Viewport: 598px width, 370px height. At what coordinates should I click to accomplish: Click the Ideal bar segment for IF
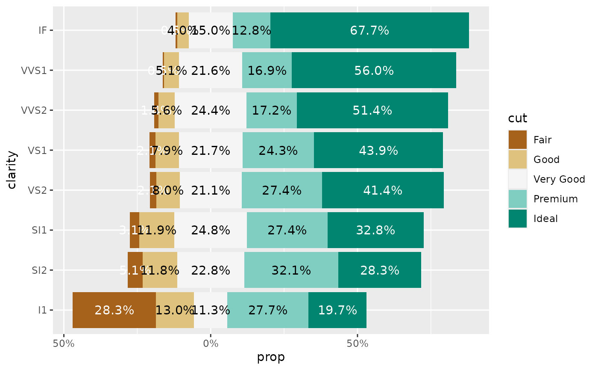click(x=369, y=30)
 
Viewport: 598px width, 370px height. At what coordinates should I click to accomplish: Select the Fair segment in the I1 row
click(x=114, y=310)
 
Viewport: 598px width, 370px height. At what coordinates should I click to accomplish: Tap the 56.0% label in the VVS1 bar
click(x=374, y=71)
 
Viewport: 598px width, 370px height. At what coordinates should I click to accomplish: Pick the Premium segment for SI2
click(x=291, y=270)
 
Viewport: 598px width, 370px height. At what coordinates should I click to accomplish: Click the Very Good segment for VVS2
click(x=211, y=110)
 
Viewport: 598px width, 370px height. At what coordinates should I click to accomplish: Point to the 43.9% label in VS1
click(x=378, y=151)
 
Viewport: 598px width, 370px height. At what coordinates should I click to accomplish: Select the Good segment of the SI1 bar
click(x=156, y=230)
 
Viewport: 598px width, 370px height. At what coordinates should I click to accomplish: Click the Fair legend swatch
click(x=517, y=139)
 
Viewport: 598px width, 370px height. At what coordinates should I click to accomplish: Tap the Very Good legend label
click(x=559, y=179)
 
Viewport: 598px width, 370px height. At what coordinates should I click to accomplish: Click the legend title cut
click(x=517, y=118)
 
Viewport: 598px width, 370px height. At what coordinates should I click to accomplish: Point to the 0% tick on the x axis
click(x=211, y=343)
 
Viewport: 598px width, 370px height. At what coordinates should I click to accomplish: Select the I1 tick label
click(x=42, y=310)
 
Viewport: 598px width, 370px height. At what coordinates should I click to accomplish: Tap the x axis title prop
click(x=271, y=357)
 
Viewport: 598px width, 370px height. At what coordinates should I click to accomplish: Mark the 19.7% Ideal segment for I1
click(x=337, y=310)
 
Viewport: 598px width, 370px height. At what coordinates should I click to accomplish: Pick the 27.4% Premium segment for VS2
click(x=281, y=190)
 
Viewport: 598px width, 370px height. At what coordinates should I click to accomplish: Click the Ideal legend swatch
click(x=517, y=219)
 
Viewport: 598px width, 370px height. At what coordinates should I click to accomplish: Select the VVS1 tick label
click(x=34, y=71)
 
